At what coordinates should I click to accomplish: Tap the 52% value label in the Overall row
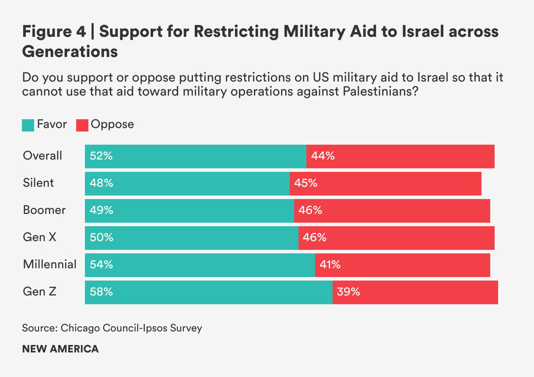(101, 156)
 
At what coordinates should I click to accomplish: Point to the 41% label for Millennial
(330, 264)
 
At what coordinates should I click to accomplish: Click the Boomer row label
(44, 210)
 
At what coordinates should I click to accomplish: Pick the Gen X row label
(39, 237)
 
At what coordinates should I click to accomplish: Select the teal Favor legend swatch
(28, 125)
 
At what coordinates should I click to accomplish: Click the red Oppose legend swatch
(82, 125)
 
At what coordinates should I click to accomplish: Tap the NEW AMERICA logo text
(60, 349)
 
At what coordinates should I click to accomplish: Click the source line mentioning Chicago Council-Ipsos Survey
(112, 328)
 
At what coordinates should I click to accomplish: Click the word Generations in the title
(70, 52)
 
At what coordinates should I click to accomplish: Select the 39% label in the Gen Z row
(348, 292)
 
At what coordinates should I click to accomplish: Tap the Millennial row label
(50, 264)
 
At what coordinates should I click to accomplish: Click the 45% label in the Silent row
(306, 183)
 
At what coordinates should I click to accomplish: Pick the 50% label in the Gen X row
(101, 237)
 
